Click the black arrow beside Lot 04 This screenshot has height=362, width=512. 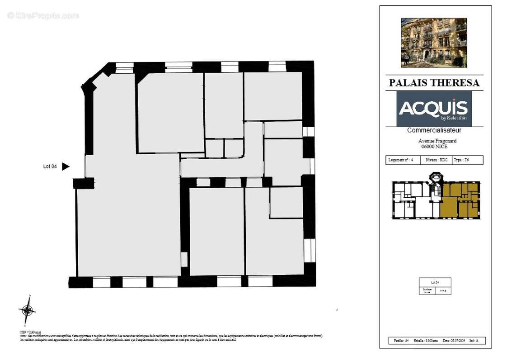click(66, 167)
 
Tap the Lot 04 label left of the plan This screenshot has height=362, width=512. click(50, 167)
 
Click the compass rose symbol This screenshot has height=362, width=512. click(27, 310)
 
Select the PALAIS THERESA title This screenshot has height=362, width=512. click(434, 83)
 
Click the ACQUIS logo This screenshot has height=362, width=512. click(434, 109)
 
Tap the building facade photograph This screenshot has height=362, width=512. click(434, 43)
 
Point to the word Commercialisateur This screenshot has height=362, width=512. click(434, 130)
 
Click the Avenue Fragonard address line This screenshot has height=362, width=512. click(434, 140)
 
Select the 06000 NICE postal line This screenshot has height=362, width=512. click(434, 146)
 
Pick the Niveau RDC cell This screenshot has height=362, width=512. click(437, 160)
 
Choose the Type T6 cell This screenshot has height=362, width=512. click(467, 160)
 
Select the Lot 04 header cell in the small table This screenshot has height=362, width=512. click(435, 282)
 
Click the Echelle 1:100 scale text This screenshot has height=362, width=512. click(428, 341)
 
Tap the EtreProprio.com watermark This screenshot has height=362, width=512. click(43, 15)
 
